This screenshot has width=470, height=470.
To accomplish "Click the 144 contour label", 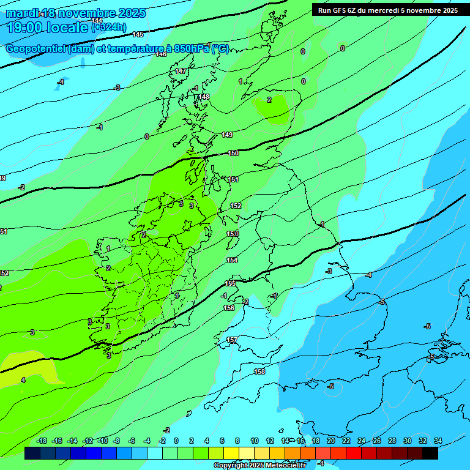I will (97, 21).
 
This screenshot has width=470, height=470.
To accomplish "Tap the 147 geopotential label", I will (181, 72).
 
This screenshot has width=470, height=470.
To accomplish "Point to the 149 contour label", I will (227, 135).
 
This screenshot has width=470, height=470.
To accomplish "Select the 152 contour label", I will (236, 206).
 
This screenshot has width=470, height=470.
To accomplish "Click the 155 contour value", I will (230, 283).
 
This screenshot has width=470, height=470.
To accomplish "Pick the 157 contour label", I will (232, 340).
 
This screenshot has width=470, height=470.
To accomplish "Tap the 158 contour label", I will (259, 371).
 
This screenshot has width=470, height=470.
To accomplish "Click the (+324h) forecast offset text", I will (109, 27).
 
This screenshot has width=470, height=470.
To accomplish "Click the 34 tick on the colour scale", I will (438, 441).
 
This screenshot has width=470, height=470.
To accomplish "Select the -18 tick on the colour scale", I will (42, 441).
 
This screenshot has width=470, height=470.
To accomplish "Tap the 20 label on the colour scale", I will (330, 441).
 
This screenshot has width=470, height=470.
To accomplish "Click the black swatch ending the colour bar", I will (430, 453).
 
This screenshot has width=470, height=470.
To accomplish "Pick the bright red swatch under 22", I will (353, 453).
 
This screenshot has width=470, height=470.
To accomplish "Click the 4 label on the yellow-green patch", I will (23, 380).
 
